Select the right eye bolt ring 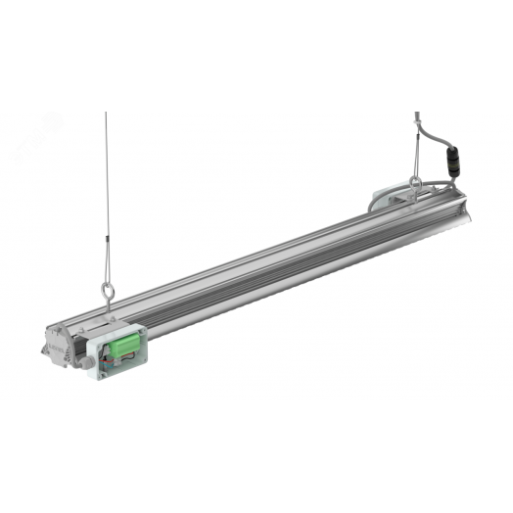pyautogui.click(x=416, y=181)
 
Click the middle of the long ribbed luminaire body pyautogui.click(x=284, y=264)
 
